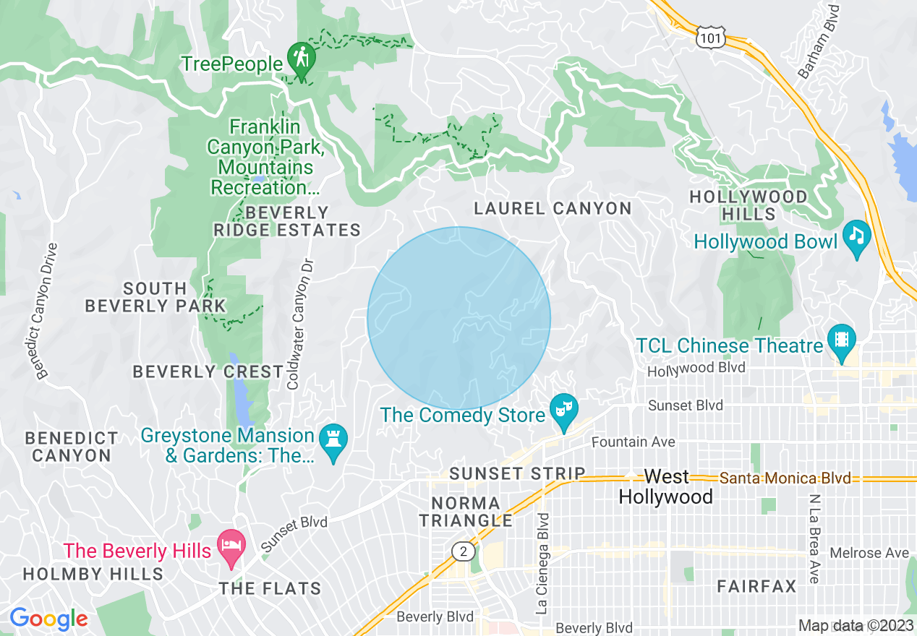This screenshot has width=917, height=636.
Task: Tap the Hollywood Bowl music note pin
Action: click(857, 236)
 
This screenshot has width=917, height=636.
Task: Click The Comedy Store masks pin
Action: click(561, 409)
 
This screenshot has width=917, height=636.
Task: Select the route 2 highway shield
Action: click(463, 551)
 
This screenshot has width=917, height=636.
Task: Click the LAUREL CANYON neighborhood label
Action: click(553, 209)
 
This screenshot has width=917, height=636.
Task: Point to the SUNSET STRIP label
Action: click(517, 473)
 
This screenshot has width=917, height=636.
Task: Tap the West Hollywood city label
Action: click(666, 486)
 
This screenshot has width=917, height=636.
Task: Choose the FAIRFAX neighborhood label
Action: click(756, 586)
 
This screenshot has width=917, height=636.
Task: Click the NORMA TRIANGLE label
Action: click(466, 511)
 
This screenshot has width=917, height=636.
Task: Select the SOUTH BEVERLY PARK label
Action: click(155, 297)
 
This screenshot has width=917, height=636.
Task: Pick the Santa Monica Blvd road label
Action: click(785, 478)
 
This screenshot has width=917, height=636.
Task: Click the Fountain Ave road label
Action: click(633, 442)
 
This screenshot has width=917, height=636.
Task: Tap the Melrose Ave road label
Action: click(869, 553)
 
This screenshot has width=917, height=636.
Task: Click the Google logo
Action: click(48, 619)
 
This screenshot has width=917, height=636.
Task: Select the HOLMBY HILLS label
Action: click(93, 574)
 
